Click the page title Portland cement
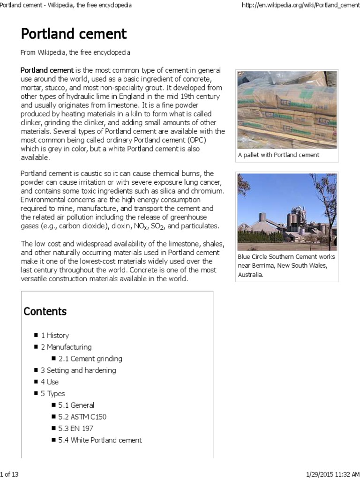tap(74, 34)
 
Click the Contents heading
tap(45, 311)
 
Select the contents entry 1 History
tap(55, 335)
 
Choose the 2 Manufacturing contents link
tap(66, 347)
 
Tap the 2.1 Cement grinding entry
tap(90, 359)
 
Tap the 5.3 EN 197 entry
tap(75, 428)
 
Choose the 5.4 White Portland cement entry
tap(100, 440)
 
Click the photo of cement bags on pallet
tap(287, 110)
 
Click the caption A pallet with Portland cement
tap(278, 155)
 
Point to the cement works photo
tap(287, 212)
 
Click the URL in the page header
tap(300, 5)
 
